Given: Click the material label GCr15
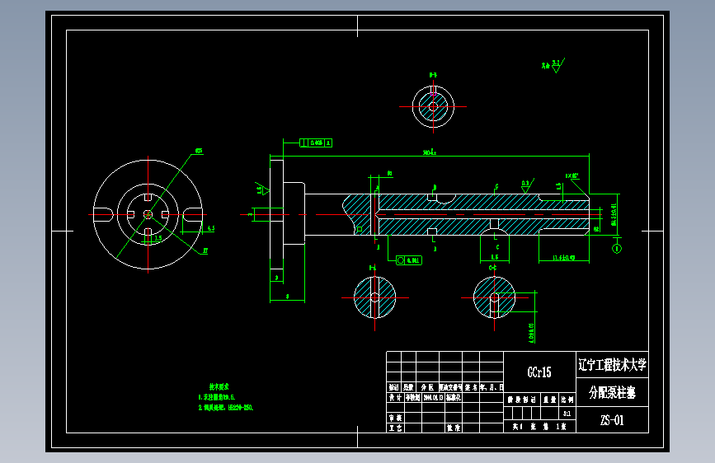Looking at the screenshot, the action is coord(539,372).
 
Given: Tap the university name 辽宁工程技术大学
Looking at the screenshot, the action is coord(613,364).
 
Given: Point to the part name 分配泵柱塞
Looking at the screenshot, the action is coord(612,391).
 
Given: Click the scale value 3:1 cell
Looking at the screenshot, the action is coord(566,413).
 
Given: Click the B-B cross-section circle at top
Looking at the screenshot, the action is coord(432,106).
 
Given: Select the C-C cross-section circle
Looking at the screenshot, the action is coord(494,297).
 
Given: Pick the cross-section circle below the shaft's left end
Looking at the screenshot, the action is coord(374,297).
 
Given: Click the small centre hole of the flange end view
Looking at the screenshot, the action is coord(147,214).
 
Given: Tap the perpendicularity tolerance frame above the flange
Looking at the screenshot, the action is coord(316,143).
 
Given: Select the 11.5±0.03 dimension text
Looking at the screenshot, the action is coord(568,259).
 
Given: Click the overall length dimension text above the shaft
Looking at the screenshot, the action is coord(429,152).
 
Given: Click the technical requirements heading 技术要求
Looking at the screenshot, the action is coord(218,386).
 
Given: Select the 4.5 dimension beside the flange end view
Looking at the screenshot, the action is coord(211,228).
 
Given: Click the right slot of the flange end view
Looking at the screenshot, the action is coord(195,214).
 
